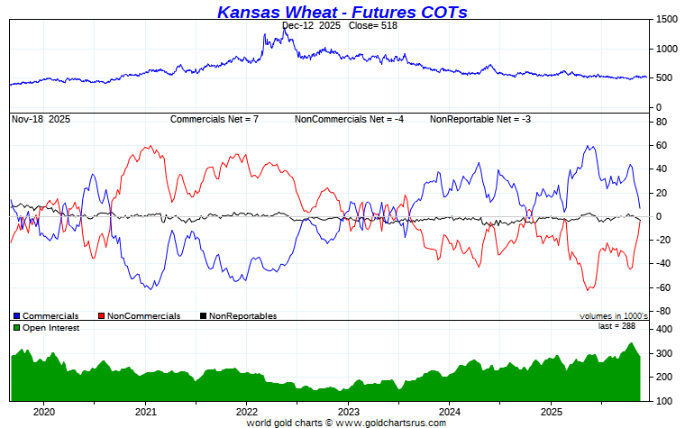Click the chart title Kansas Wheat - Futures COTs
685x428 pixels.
click(342, 12)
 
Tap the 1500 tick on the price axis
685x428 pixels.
click(667, 20)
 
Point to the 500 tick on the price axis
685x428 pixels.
click(664, 78)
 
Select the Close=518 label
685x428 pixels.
click(372, 26)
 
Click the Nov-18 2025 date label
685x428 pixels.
click(41, 119)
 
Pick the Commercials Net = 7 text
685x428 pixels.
click(215, 119)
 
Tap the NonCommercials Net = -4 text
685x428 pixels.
click(347, 119)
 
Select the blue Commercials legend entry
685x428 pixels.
click(46, 316)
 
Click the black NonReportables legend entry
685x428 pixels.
click(238, 316)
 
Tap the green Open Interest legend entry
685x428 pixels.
click(46, 328)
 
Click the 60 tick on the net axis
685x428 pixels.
click(662, 145)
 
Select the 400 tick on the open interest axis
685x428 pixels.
click(664, 331)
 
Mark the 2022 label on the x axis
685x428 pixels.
click(247, 412)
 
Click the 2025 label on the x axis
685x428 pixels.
click(552, 412)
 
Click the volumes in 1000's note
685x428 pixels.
click(613, 316)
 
